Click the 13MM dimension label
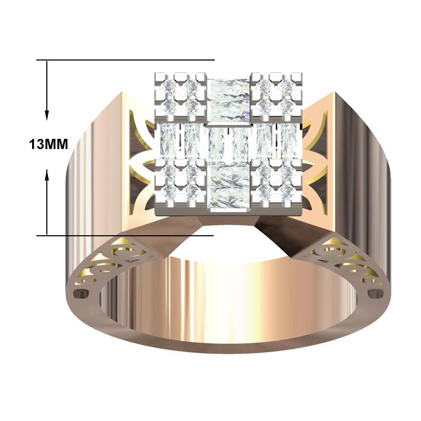point(49,144)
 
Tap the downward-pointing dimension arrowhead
point(47,114)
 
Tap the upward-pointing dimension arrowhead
point(47,174)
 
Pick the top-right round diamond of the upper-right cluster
point(287,85)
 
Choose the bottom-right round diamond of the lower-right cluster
point(287,189)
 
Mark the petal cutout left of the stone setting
point(138,158)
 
